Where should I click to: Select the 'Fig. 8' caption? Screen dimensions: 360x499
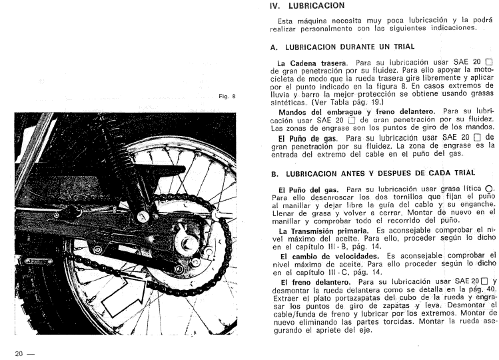tap(228, 97)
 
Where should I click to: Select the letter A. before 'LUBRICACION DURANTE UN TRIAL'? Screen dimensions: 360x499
tap(274, 47)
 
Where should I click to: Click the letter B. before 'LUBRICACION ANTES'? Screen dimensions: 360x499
tap(274, 173)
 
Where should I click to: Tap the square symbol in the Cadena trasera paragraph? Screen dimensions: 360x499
tap(490, 62)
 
